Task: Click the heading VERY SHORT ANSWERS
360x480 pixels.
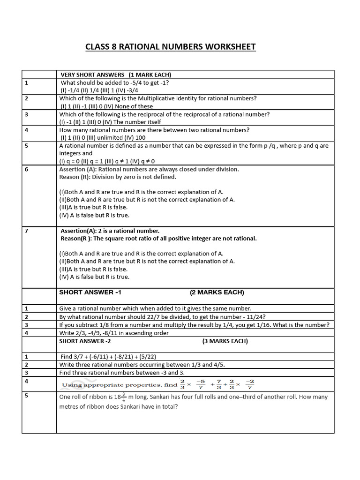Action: [92, 75]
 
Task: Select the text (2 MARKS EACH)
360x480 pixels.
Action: [217, 292]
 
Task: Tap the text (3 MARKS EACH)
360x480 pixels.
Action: [225, 341]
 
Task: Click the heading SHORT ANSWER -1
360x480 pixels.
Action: [90, 292]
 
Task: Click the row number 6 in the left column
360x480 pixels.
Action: [27, 169]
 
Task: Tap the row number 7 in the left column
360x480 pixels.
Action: [27, 231]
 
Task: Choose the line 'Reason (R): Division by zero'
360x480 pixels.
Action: [118, 177]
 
